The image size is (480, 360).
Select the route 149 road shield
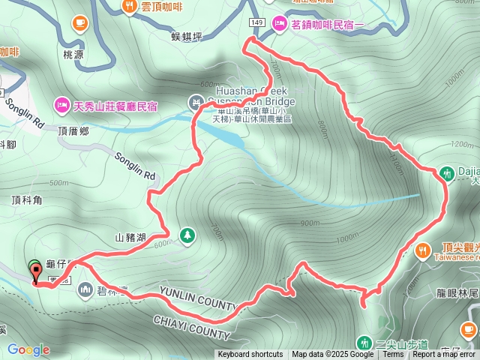(258, 23)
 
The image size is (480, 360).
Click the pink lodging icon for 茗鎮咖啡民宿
(279, 23)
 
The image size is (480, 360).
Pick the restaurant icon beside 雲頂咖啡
(129, 6)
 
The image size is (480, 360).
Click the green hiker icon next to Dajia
(448, 173)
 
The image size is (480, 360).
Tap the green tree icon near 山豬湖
(187, 236)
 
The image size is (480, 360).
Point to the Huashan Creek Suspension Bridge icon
(195, 101)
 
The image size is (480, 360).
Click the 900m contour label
(309, 223)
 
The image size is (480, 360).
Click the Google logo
(28, 350)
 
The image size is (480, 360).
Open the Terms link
(392, 355)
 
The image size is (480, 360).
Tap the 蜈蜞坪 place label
(187, 35)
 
